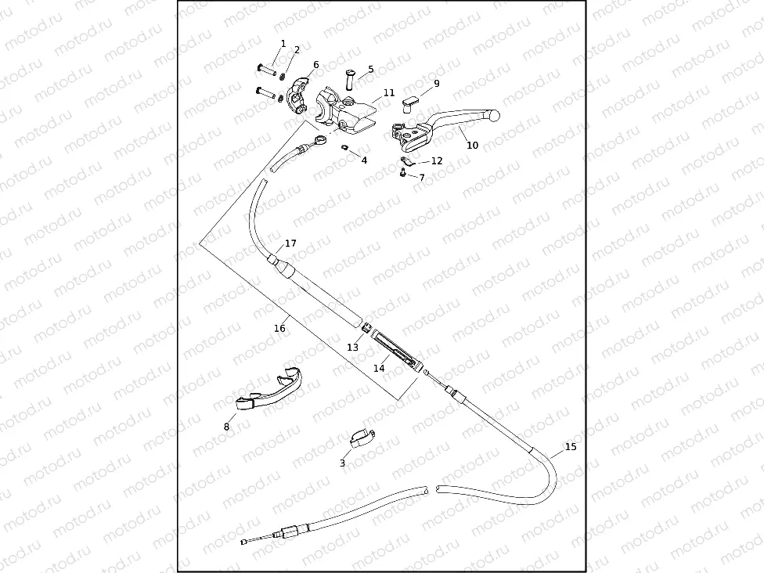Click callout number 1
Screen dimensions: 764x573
[x=283, y=44]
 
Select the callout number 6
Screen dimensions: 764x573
[x=315, y=65]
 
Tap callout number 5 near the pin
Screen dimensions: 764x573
[x=370, y=70]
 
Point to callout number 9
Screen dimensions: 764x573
[x=436, y=84]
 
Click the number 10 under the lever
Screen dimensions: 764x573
[x=472, y=146]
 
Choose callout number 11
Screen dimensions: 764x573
[x=389, y=93]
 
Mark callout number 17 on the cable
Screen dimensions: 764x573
[x=290, y=244]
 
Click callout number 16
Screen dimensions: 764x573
[x=279, y=329]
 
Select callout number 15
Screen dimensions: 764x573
[x=570, y=447]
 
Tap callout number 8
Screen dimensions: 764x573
[x=226, y=427]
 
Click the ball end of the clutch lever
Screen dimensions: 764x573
[x=493, y=115]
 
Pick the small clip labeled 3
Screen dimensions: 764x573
[x=361, y=438]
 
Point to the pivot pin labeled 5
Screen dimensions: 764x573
[x=349, y=78]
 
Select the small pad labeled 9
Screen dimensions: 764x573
[x=411, y=100]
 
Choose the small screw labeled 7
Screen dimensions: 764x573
[x=401, y=175]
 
